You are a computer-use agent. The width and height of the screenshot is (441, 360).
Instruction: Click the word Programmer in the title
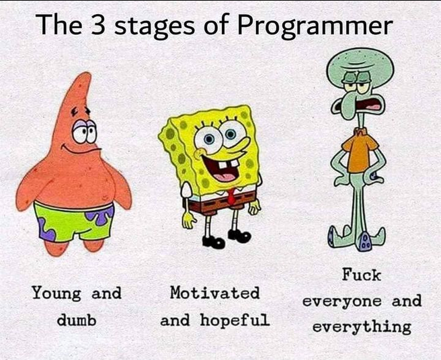pyautogui.click(x=315, y=27)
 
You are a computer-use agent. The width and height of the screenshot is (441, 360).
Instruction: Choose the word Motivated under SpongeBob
pyautogui.click(x=214, y=293)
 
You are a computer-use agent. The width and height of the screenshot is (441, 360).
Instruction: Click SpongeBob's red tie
pyautogui.click(x=230, y=196)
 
